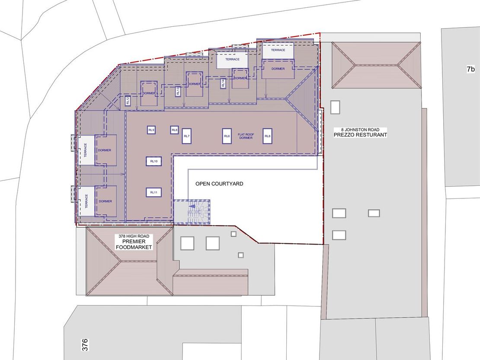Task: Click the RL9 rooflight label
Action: tap(151, 130)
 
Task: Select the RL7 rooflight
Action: tap(187, 136)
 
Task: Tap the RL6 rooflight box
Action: tap(227, 136)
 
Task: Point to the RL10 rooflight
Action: tap(154, 161)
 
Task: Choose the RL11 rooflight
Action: tap(154, 192)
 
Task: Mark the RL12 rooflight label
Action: tap(128, 101)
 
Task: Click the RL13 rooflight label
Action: tap(178, 91)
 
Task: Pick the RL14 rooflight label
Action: tap(223, 83)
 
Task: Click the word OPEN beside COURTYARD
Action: tap(202, 184)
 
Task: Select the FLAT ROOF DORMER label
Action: tap(246, 136)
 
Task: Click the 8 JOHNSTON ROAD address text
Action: tap(360, 130)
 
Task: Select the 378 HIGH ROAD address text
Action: tap(134, 236)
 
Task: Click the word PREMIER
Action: tap(134, 242)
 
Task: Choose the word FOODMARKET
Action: tap(134, 247)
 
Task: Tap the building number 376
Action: tap(85, 345)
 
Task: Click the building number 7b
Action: tap(471, 70)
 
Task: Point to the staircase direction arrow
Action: tap(192, 207)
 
